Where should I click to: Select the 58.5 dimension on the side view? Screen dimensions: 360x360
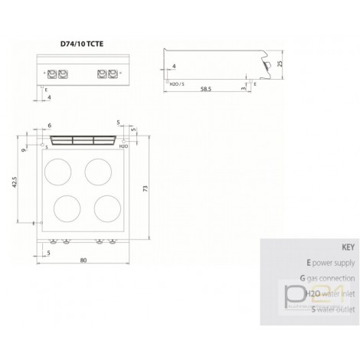click(202, 89)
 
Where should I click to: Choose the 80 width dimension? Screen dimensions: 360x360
click(82, 261)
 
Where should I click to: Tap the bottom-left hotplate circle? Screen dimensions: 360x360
click(66, 206)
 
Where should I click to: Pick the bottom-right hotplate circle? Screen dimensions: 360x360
click(103, 206)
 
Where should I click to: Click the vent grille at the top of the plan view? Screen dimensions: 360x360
click(82, 140)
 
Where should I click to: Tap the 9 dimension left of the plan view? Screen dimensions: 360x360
click(25, 150)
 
